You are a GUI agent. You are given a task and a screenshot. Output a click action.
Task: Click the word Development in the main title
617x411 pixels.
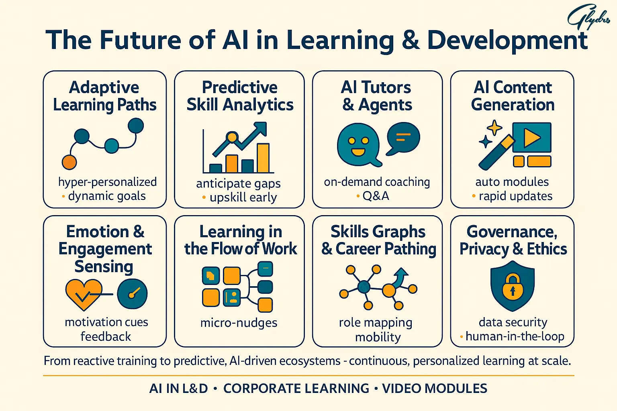pyautogui.click(x=507, y=40)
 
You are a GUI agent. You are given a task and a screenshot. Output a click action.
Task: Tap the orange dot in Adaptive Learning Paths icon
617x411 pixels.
pyautogui.click(x=69, y=162)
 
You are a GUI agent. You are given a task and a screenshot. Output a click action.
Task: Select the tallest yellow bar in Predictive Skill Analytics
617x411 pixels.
pyautogui.click(x=263, y=158)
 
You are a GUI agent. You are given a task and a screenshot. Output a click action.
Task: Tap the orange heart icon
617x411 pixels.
pyautogui.click(x=84, y=294)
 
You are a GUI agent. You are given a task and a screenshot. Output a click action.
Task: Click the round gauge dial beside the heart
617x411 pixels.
pyautogui.click(x=132, y=294)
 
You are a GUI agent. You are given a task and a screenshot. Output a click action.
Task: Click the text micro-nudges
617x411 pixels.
pyautogui.click(x=239, y=323)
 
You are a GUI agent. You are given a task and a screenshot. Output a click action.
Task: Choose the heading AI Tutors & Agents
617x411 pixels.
pyautogui.click(x=377, y=96)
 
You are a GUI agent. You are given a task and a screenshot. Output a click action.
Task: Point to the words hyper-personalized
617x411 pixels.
pyautogui.click(x=107, y=182)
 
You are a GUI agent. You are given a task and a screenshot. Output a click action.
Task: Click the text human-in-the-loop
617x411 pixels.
pyautogui.click(x=515, y=336)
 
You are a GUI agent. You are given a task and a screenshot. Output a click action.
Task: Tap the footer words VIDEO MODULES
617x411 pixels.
pyautogui.click(x=435, y=389)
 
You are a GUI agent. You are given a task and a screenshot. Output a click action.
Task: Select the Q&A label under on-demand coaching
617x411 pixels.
pyautogui.click(x=376, y=196)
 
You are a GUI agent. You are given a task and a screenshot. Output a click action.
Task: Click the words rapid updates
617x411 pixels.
pyautogui.click(x=515, y=196)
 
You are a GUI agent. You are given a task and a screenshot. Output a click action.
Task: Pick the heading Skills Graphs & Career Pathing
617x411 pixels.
pyautogui.click(x=378, y=240)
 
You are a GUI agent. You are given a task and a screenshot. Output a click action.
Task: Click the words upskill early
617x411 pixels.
pyautogui.click(x=243, y=197)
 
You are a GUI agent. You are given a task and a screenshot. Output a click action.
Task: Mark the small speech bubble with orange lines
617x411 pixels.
pyautogui.click(x=403, y=138)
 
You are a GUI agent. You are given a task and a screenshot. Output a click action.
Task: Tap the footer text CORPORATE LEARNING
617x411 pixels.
pyautogui.click(x=296, y=389)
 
